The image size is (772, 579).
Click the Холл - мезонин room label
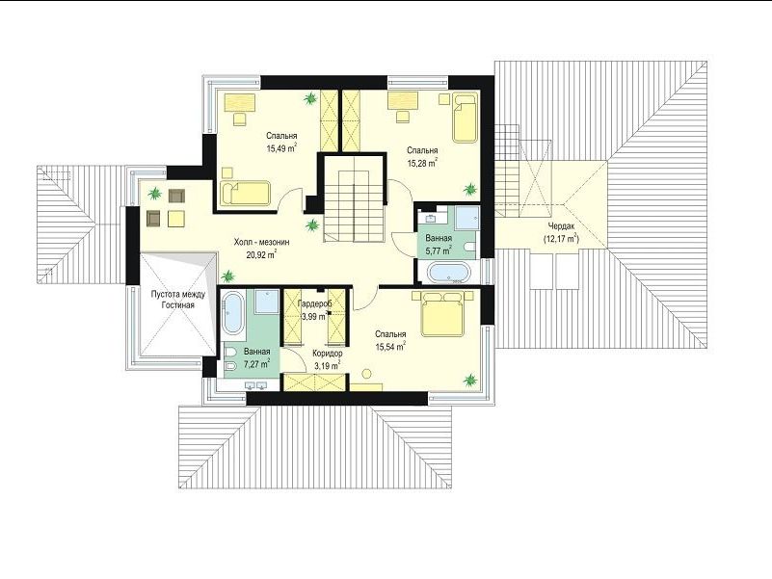(x=261, y=242)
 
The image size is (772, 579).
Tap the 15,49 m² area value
(x=282, y=147)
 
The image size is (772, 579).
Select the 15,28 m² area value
(x=422, y=163)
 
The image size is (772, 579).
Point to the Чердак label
(x=561, y=226)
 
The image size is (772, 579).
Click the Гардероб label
(x=314, y=304)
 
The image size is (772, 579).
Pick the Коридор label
(x=328, y=354)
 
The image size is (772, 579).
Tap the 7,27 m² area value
(x=257, y=364)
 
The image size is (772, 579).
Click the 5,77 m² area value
(x=439, y=250)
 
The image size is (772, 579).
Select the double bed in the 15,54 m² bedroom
(x=442, y=313)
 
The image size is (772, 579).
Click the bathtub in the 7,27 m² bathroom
(x=233, y=313)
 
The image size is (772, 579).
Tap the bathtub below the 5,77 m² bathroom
(x=448, y=274)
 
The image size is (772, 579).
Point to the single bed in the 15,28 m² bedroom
(x=465, y=118)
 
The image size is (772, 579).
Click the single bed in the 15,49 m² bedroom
(x=245, y=194)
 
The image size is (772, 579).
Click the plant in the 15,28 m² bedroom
(x=470, y=189)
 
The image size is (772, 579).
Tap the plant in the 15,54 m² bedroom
(x=470, y=380)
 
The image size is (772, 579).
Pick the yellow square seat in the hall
(x=175, y=218)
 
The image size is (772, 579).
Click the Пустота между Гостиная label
(x=177, y=300)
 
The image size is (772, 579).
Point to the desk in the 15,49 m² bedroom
(x=241, y=103)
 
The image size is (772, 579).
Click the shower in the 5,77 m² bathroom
(x=466, y=217)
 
